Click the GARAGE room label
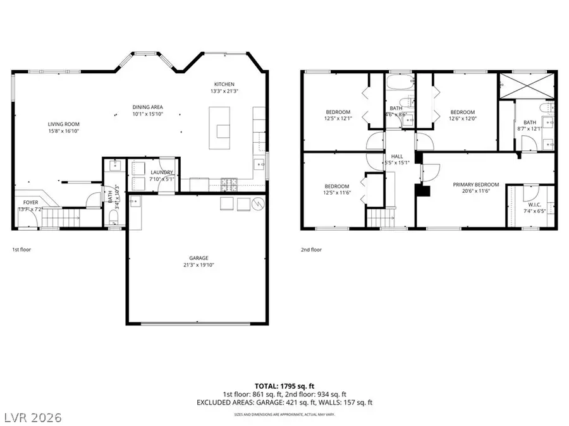pos(199,258)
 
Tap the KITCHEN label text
pos(224,84)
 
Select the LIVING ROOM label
pos(64,124)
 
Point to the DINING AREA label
pos(148,107)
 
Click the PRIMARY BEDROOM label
pos(476,185)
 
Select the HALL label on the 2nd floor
pos(397,155)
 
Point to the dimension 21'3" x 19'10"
pos(199,265)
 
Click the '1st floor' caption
pos(21,250)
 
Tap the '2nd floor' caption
pos(311,250)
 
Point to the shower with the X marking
pos(527,85)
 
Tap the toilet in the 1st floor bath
pos(114,217)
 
